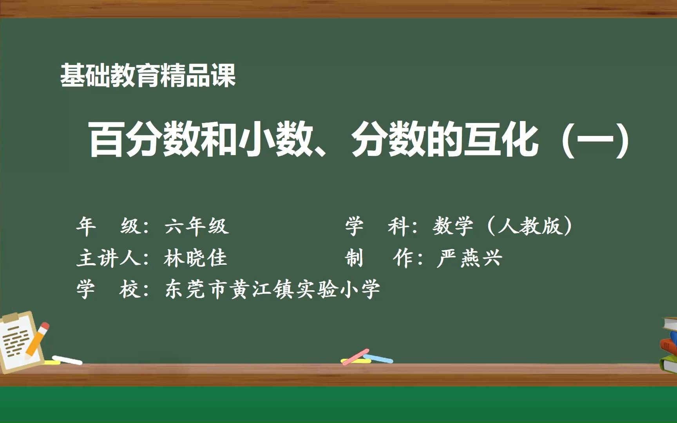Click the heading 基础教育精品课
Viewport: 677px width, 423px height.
[x=148, y=76]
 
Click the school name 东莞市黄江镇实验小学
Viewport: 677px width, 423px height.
[x=273, y=290]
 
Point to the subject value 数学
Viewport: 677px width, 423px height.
[x=453, y=226]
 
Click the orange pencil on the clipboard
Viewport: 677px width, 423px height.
[x=37, y=340]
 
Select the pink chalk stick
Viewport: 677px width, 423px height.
[x=355, y=357]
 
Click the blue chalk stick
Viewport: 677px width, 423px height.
[x=378, y=358]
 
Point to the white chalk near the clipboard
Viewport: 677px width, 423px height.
[x=67, y=360]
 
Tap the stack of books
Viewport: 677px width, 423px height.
[x=669, y=345]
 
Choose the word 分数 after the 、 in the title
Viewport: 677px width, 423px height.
[x=388, y=139]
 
